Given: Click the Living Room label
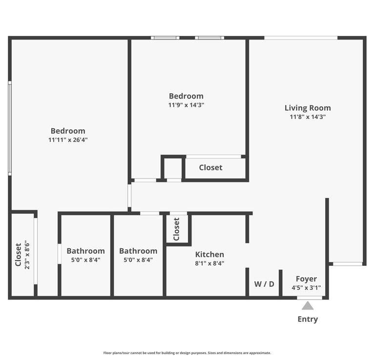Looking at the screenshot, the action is tap(308, 108).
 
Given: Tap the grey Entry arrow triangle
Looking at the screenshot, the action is tap(308, 306).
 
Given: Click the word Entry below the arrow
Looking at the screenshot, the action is tap(308, 320).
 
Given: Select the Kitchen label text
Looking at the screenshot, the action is tap(209, 255).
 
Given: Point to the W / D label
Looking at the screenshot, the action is tap(264, 284).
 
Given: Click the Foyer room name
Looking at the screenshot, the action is tap(306, 279).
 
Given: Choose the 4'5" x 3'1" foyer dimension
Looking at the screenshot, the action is tap(306, 288).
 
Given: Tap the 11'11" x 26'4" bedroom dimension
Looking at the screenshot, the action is tap(68, 140).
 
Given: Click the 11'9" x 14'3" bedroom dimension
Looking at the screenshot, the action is tap(186, 105).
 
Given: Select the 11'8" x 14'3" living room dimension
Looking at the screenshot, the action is tap(308, 117).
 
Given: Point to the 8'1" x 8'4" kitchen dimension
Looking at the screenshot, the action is tap(209, 263).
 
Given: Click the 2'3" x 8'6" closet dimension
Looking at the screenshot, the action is tap(27, 255).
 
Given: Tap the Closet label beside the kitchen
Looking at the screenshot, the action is tap(176, 229).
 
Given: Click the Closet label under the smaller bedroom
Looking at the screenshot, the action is tap(211, 167).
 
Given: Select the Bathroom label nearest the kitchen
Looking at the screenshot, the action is tap(138, 251).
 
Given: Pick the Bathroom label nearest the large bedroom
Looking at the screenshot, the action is tap(85, 251).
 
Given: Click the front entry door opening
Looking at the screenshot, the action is tap(310, 298).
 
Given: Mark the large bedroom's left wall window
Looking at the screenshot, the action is tap(10, 128).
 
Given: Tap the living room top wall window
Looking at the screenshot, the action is tap(301, 38).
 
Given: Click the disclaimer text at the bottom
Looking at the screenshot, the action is tap(187, 353).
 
